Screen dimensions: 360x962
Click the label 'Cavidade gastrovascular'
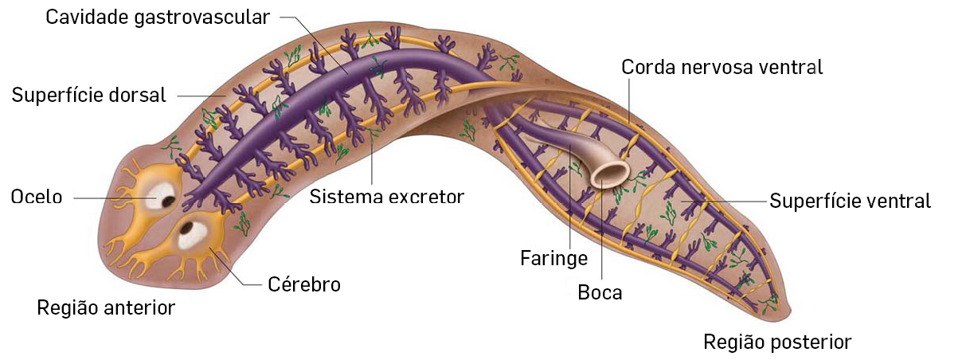pos(158,18)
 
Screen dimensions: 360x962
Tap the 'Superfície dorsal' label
pos(88,96)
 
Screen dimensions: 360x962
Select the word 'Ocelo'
pos(37,197)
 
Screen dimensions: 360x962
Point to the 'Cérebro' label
pos(303,284)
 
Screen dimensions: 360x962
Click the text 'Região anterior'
pos(106,307)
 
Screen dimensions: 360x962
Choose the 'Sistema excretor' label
pos(386,196)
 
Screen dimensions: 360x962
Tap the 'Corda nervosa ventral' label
pos(721,67)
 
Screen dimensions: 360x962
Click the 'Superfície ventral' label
pos(850,201)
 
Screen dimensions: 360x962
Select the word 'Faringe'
pos(553,258)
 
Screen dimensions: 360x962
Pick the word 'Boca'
pos(600,292)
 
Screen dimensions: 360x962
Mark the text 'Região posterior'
pos(777,342)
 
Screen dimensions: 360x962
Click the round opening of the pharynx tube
pos(612,173)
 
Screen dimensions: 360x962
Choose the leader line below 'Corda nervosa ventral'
pos(628,100)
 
